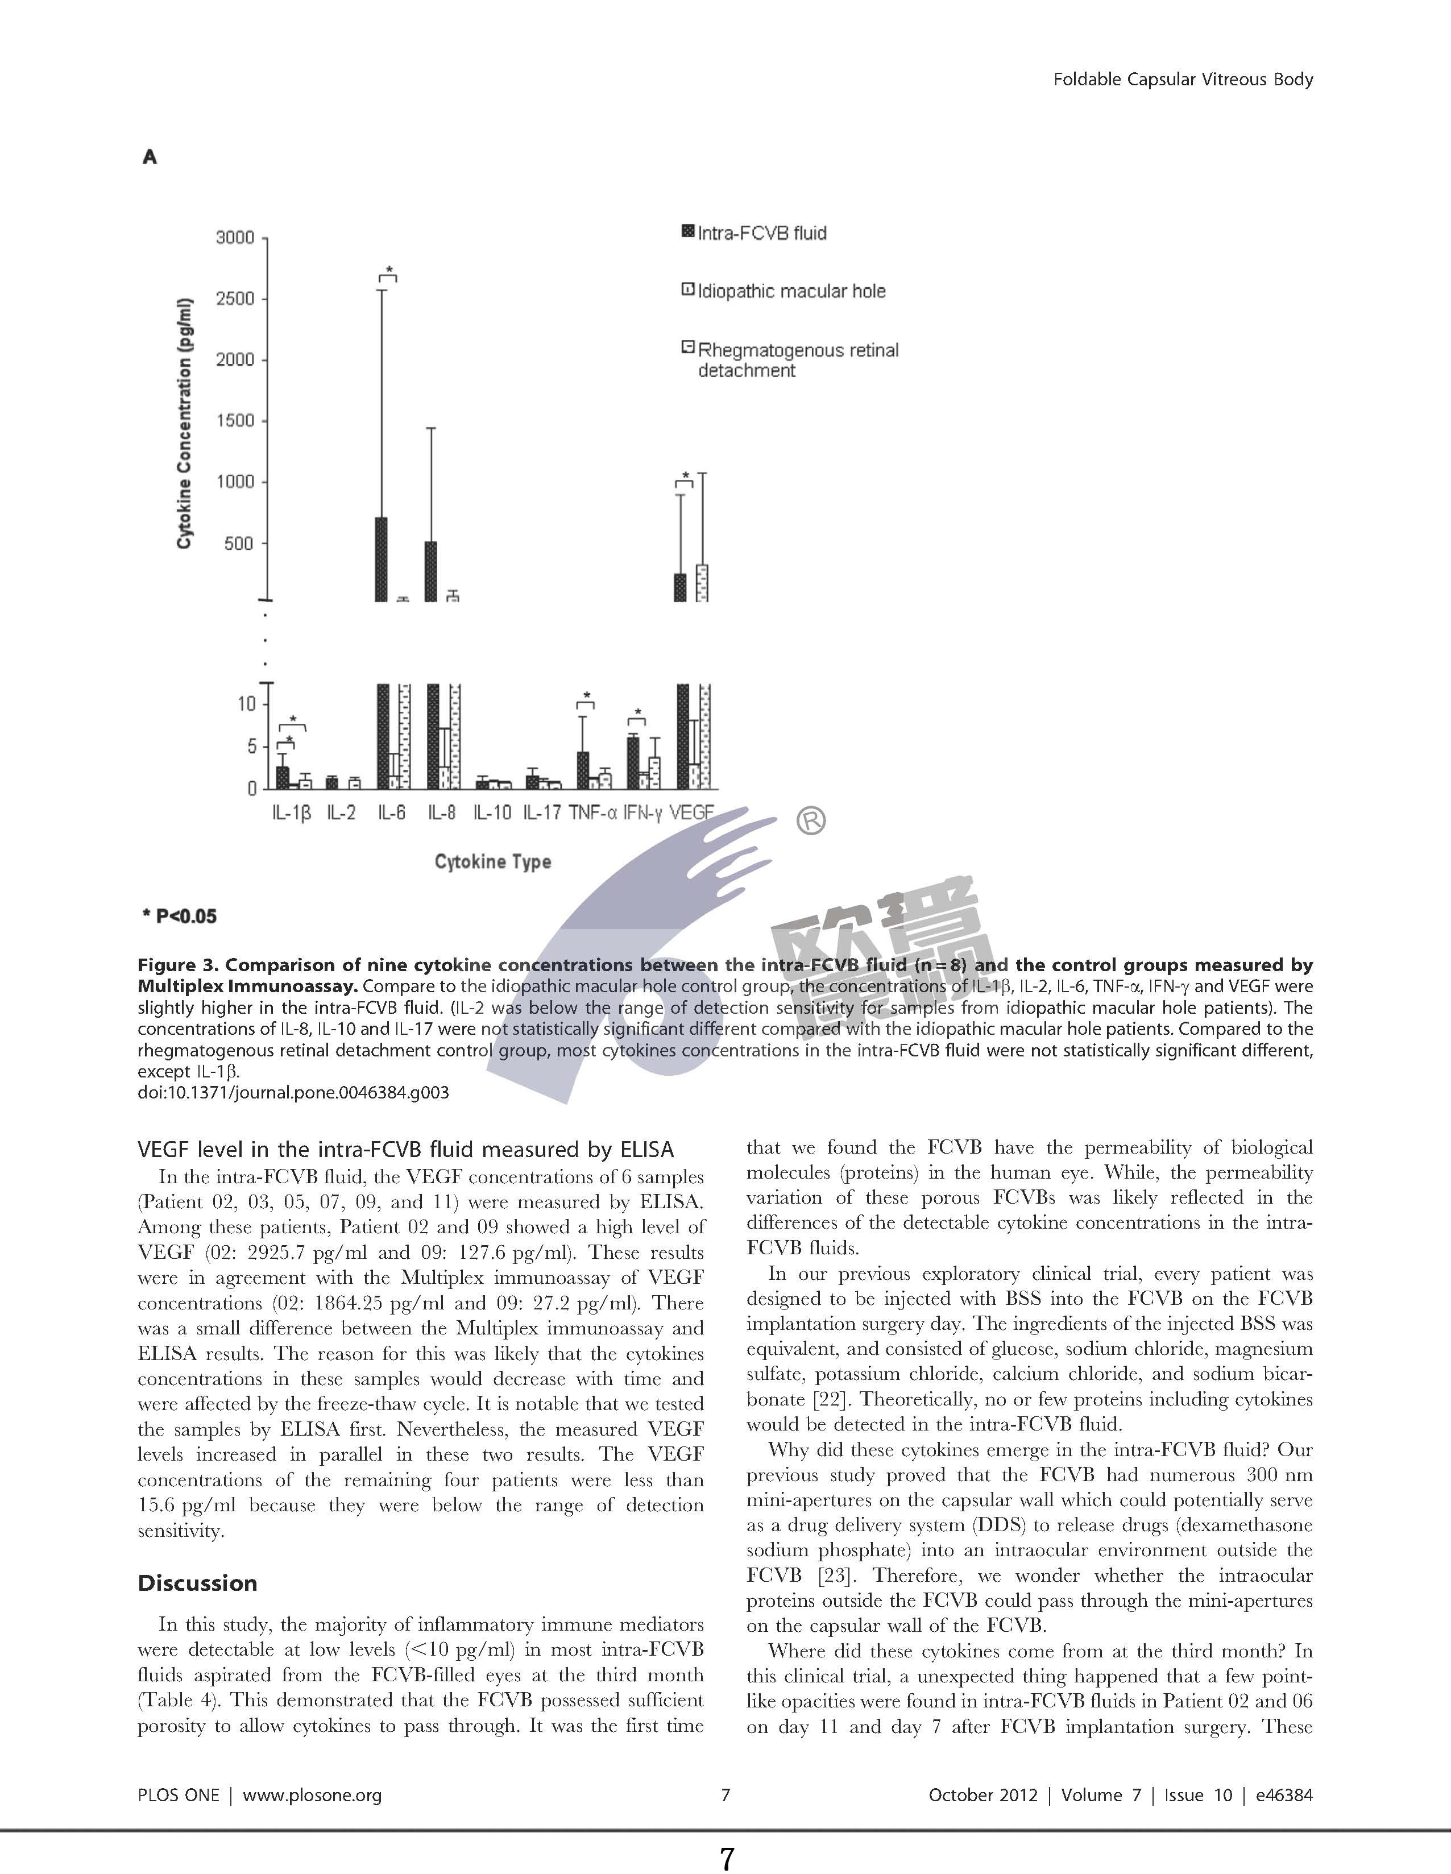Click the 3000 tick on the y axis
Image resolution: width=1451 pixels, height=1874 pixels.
(x=236, y=238)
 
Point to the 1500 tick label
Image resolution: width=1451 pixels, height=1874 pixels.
(x=236, y=420)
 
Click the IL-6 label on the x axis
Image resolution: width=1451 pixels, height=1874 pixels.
(x=391, y=812)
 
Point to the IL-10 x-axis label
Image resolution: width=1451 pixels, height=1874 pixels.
(x=492, y=812)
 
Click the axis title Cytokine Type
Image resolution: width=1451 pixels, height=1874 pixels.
(x=492, y=861)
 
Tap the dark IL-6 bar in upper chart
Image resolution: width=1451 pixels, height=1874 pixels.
(x=381, y=559)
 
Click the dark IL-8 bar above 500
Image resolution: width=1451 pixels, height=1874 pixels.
(x=432, y=571)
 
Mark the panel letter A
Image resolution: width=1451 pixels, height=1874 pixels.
(x=150, y=157)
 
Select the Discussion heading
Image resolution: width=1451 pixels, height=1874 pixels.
(x=197, y=1583)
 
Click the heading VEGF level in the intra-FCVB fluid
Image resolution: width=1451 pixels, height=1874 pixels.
(x=406, y=1150)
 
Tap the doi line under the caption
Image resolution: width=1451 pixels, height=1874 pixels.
(x=293, y=1092)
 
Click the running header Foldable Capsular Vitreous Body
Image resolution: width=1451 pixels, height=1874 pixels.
(x=1183, y=80)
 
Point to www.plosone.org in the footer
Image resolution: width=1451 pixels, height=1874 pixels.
(x=312, y=1795)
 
